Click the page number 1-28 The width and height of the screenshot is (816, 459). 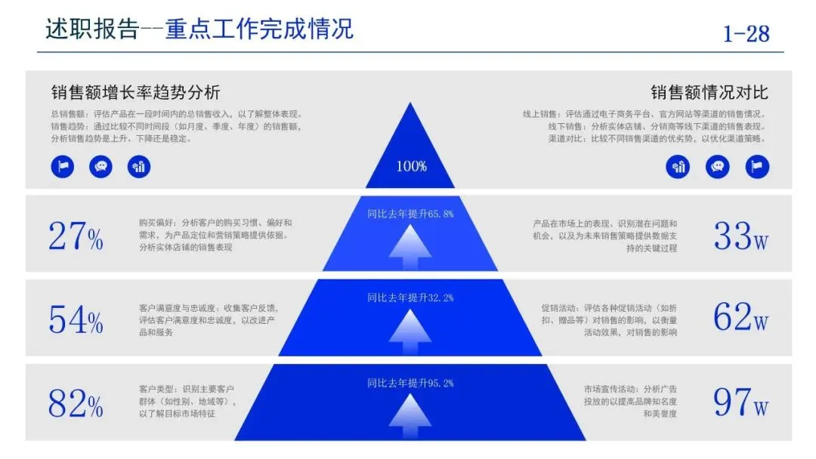746,34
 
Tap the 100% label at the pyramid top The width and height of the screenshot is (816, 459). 411,166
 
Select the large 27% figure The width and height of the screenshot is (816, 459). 76,236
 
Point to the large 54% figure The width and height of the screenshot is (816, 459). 76,319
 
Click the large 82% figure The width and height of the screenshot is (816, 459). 76,403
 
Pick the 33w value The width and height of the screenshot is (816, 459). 740,236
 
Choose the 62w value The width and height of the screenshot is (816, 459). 740,318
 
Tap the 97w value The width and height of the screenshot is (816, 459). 740,402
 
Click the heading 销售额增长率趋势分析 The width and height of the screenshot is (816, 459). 135,93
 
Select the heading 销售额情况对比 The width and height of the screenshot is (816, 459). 709,93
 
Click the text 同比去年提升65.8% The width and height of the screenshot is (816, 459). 410,214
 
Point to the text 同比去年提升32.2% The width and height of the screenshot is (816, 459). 410,297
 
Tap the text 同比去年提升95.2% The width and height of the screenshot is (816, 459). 410,383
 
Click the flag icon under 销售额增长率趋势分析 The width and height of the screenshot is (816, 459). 63,167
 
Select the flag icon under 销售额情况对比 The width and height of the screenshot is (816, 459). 757,167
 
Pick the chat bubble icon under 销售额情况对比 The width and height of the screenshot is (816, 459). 718,167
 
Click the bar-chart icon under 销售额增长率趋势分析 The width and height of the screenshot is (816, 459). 139,167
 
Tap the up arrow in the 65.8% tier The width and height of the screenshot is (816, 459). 410,246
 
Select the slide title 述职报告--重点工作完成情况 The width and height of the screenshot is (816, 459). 199,29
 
